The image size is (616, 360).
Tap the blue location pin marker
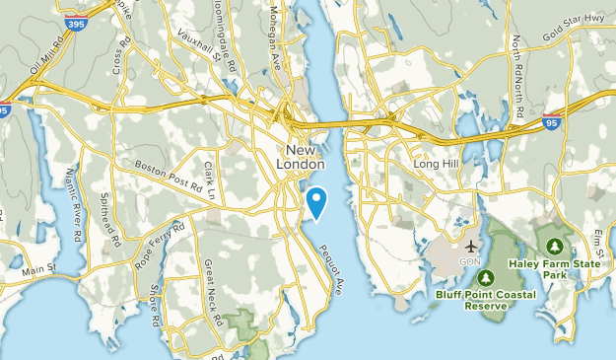click(x=317, y=202)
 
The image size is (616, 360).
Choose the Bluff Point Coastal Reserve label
click(x=487, y=299)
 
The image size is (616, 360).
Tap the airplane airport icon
click(x=472, y=245)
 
